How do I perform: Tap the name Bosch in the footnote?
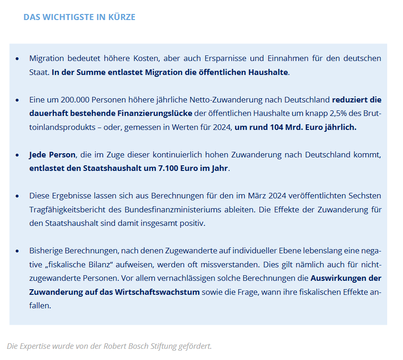coord(140,346)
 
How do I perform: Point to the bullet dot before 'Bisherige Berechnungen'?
coord(17,251)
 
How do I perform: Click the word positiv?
coord(192,223)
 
